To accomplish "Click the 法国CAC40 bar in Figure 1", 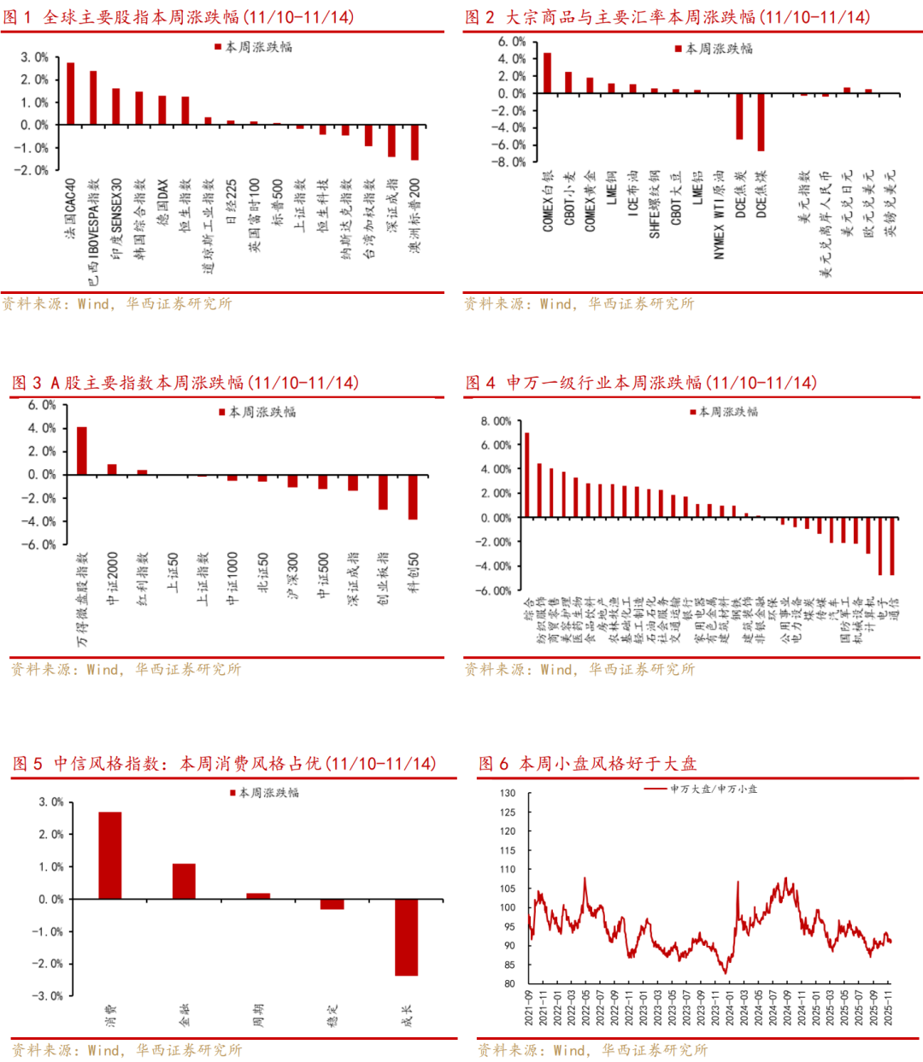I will tap(70, 93).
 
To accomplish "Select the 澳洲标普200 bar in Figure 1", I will tap(414, 142).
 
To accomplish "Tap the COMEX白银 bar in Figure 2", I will tap(547, 73).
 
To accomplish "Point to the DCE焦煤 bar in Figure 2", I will tap(761, 121).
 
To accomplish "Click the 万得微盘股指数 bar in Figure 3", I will tap(82, 450).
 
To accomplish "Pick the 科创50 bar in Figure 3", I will tap(413, 496).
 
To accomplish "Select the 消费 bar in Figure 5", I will tap(110, 855).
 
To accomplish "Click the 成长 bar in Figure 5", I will tap(406, 936).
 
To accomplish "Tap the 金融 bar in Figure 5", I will tap(184, 881).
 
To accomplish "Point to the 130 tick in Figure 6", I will tap(508, 793).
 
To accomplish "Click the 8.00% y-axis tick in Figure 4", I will tap(496, 421).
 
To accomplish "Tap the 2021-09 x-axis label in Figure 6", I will tap(529, 1008).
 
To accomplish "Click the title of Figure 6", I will tap(587, 763).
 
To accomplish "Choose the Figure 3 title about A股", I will tap(185, 383).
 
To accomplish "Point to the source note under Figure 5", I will tap(126, 1049).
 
